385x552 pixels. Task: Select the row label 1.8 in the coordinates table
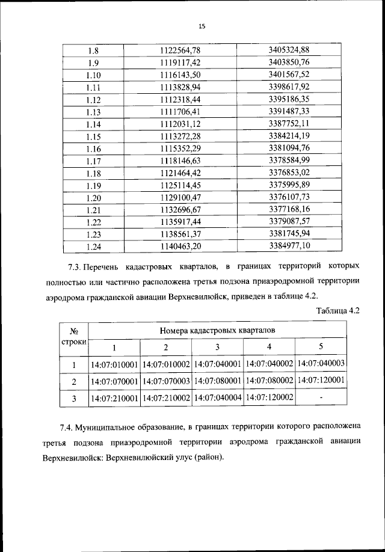coord(93,50)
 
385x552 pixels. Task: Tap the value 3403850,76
coord(289,62)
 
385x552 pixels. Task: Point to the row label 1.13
coord(93,112)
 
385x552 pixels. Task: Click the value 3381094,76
coord(289,149)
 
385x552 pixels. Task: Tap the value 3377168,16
coord(289,210)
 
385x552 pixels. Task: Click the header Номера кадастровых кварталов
coord(217,330)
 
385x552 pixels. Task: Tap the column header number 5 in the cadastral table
coord(321,347)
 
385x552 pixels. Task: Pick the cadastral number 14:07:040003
coord(321,364)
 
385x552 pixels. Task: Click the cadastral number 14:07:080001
coord(218,381)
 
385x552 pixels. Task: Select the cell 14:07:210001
coord(114,397)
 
